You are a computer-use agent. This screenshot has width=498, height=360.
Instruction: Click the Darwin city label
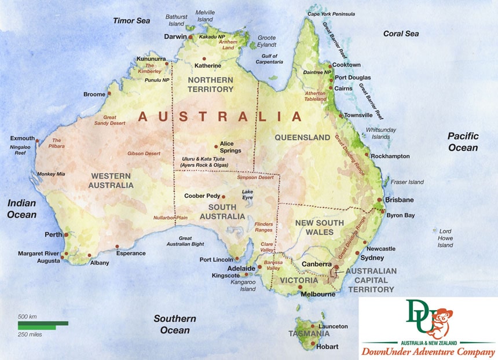point(174,37)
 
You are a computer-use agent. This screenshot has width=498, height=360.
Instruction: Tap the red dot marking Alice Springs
point(216,146)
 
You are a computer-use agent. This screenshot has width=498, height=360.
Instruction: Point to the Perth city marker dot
point(67,234)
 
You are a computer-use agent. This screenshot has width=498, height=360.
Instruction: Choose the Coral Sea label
point(401,34)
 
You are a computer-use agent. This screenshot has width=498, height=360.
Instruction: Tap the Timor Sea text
point(131,21)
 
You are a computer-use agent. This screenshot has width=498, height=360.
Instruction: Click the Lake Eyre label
point(248,195)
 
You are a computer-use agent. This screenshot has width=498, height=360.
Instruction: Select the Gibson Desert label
point(143,154)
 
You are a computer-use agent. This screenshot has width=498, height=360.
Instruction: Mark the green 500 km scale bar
point(43,323)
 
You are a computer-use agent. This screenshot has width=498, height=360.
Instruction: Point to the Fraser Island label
point(408,182)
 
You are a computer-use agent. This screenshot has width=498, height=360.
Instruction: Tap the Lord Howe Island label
point(445,237)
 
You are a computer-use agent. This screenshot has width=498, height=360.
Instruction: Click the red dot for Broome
point(108,94)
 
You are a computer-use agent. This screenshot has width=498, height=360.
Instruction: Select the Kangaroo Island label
point(244,286)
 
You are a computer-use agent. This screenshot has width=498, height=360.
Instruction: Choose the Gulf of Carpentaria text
point(269,58)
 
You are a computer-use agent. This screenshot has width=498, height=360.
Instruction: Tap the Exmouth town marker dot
point(37,140)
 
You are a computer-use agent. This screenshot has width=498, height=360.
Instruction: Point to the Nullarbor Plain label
point(170,218)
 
